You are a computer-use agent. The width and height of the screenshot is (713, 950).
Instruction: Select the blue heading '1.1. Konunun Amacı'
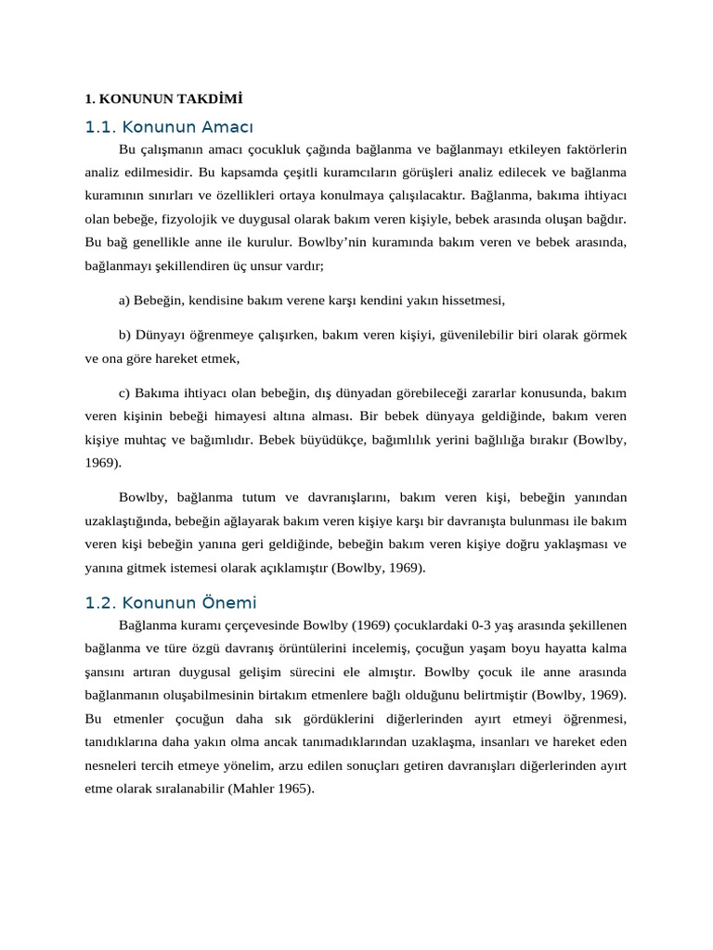point(169,127)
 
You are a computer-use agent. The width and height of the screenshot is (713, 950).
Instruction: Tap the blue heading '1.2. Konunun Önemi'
point(171,603)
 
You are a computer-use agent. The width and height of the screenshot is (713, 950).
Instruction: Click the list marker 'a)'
point(125,301)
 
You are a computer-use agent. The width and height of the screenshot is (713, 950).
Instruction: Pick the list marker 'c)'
point(125,392)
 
